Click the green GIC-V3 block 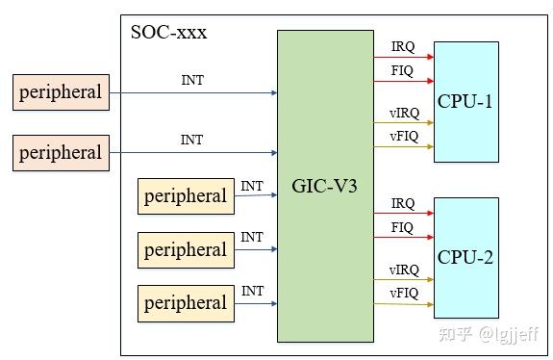(x=325, y=186)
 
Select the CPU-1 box (x=465, y=101)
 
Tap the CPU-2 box (x=465, y=257)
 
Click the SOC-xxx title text (x=168, y=33)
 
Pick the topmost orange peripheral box (x=61, y=92)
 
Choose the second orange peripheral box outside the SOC (x=61, y=152)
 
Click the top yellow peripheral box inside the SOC (x=186, y=196)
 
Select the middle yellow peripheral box (x=186, y=250)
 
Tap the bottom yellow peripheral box (x=186, y=303)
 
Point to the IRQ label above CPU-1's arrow (x=403, y=46)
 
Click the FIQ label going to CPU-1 (x=403, y=70)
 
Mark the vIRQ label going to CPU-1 (x=404, y=113)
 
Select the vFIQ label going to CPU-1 (x=404, y=136)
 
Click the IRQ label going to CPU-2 (x=403, y=204)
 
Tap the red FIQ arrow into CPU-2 (x=403, y=239)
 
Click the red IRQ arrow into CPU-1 (x=403, y=57)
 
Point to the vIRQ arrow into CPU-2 (x=403, y=281)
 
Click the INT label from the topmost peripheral (x=192, y=81)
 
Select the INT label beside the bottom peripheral (x=252, y=291)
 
